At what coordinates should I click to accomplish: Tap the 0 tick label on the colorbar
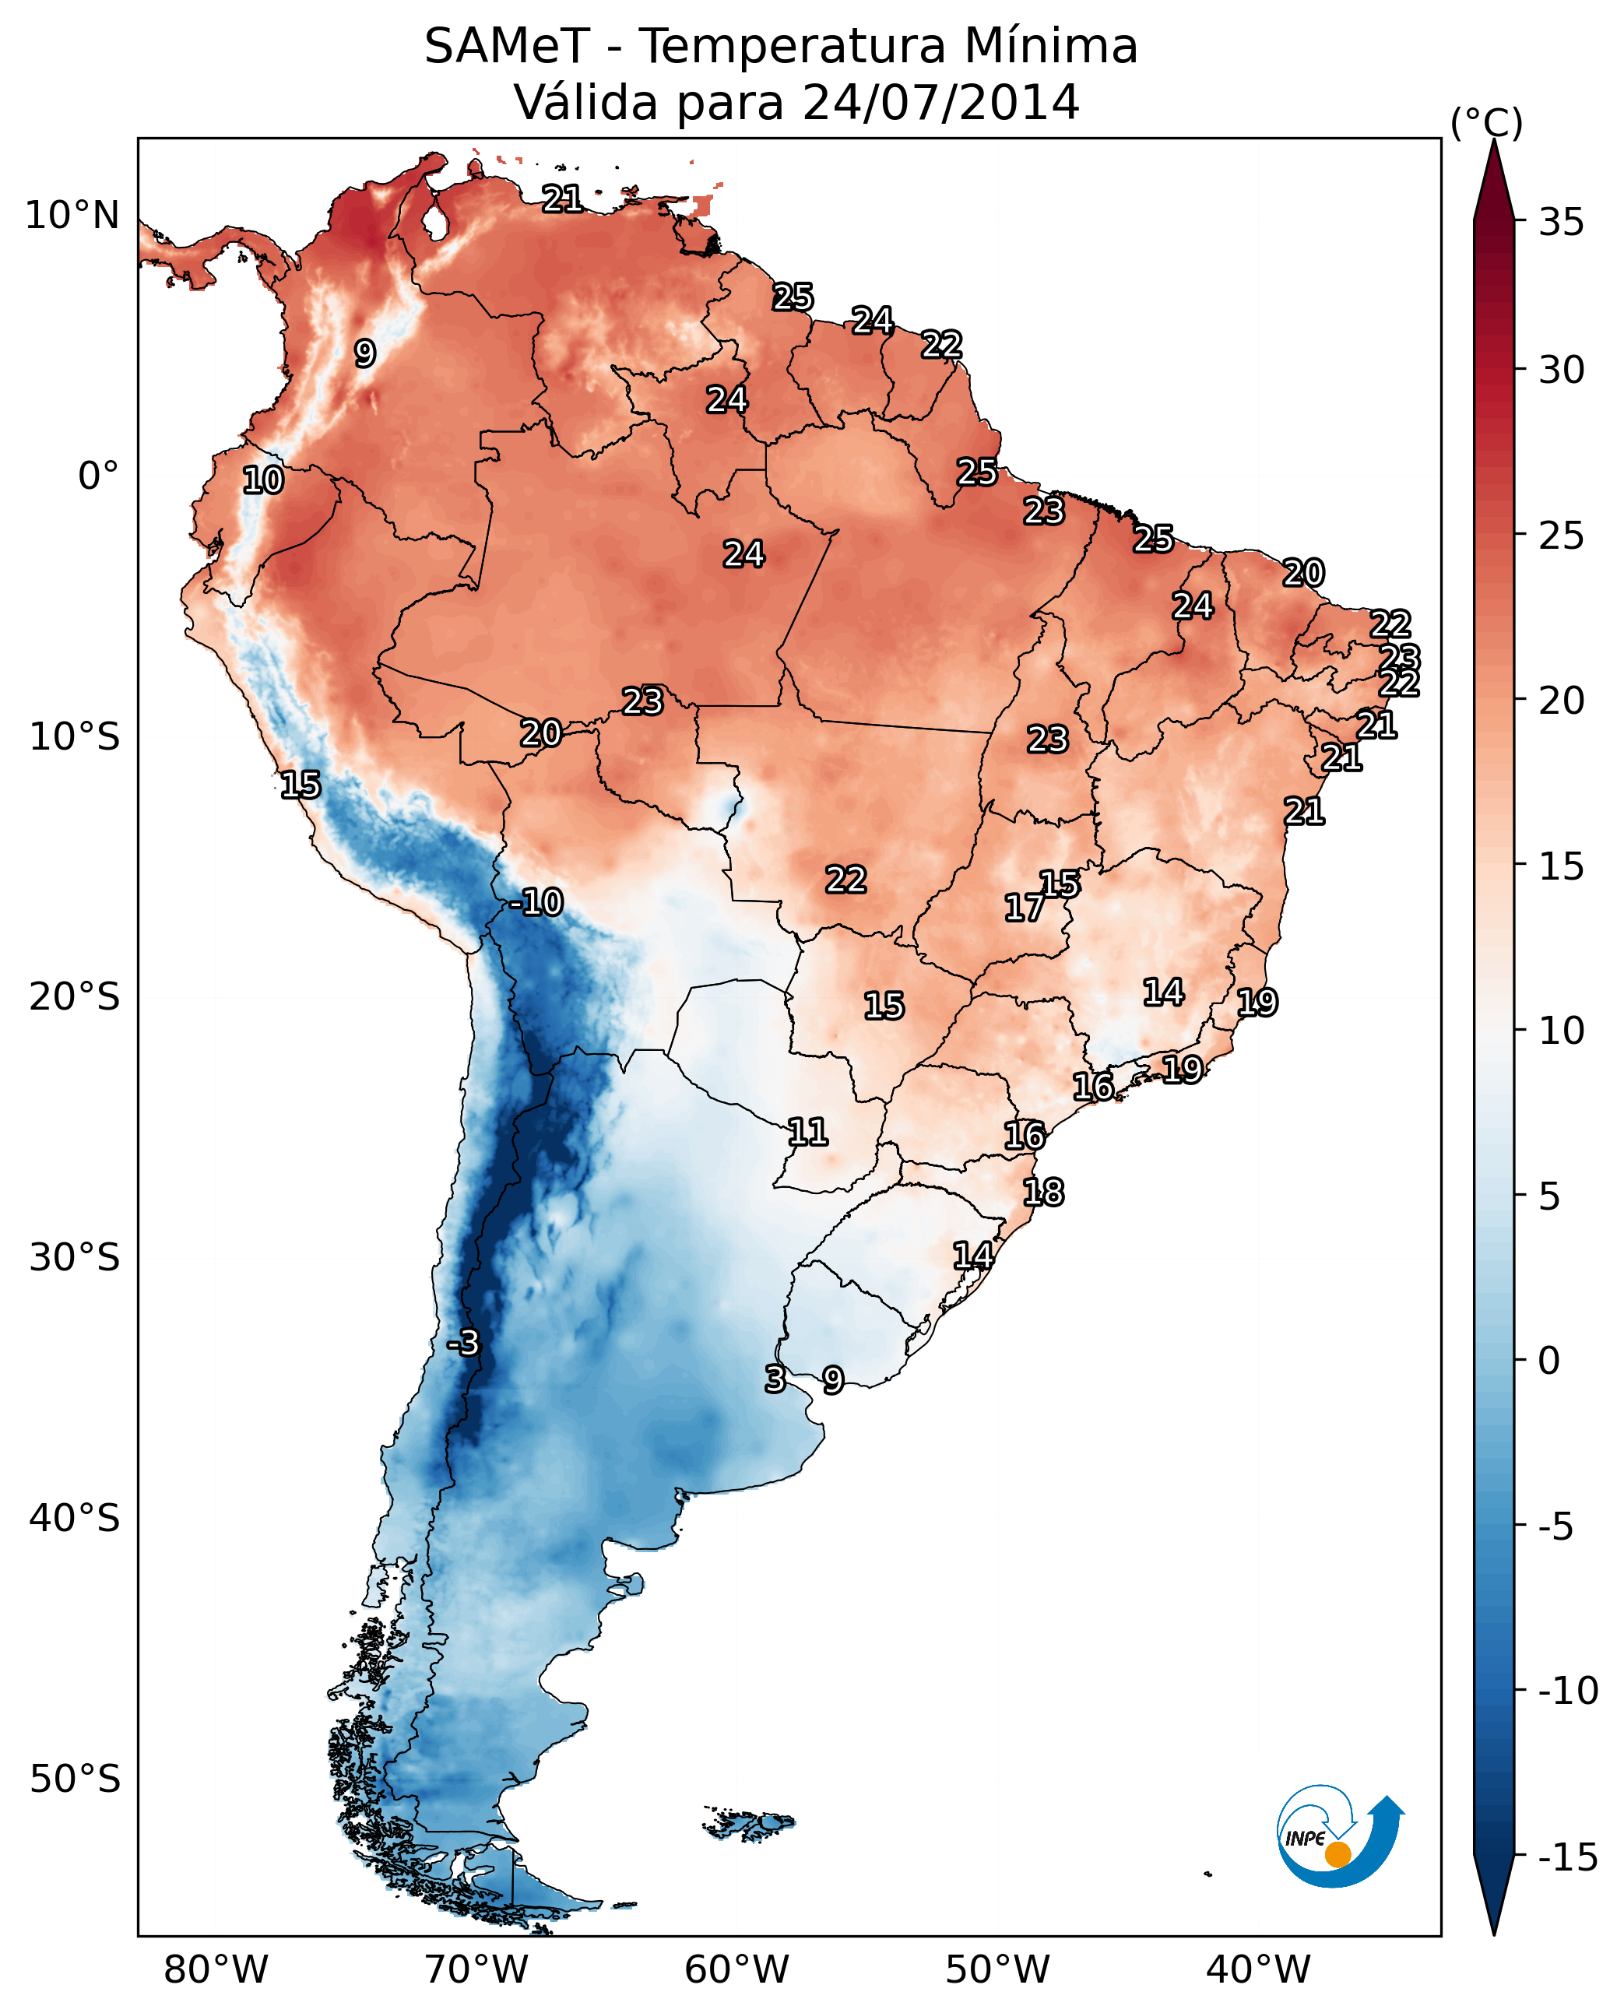1549,1360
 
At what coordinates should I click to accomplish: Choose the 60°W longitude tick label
737,1970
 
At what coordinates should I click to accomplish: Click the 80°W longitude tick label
216,1970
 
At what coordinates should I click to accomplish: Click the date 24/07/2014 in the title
940,102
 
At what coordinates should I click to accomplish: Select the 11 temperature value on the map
807,1133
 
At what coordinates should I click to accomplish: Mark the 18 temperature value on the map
1043,1193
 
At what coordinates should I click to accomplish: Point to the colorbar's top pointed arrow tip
1494,143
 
